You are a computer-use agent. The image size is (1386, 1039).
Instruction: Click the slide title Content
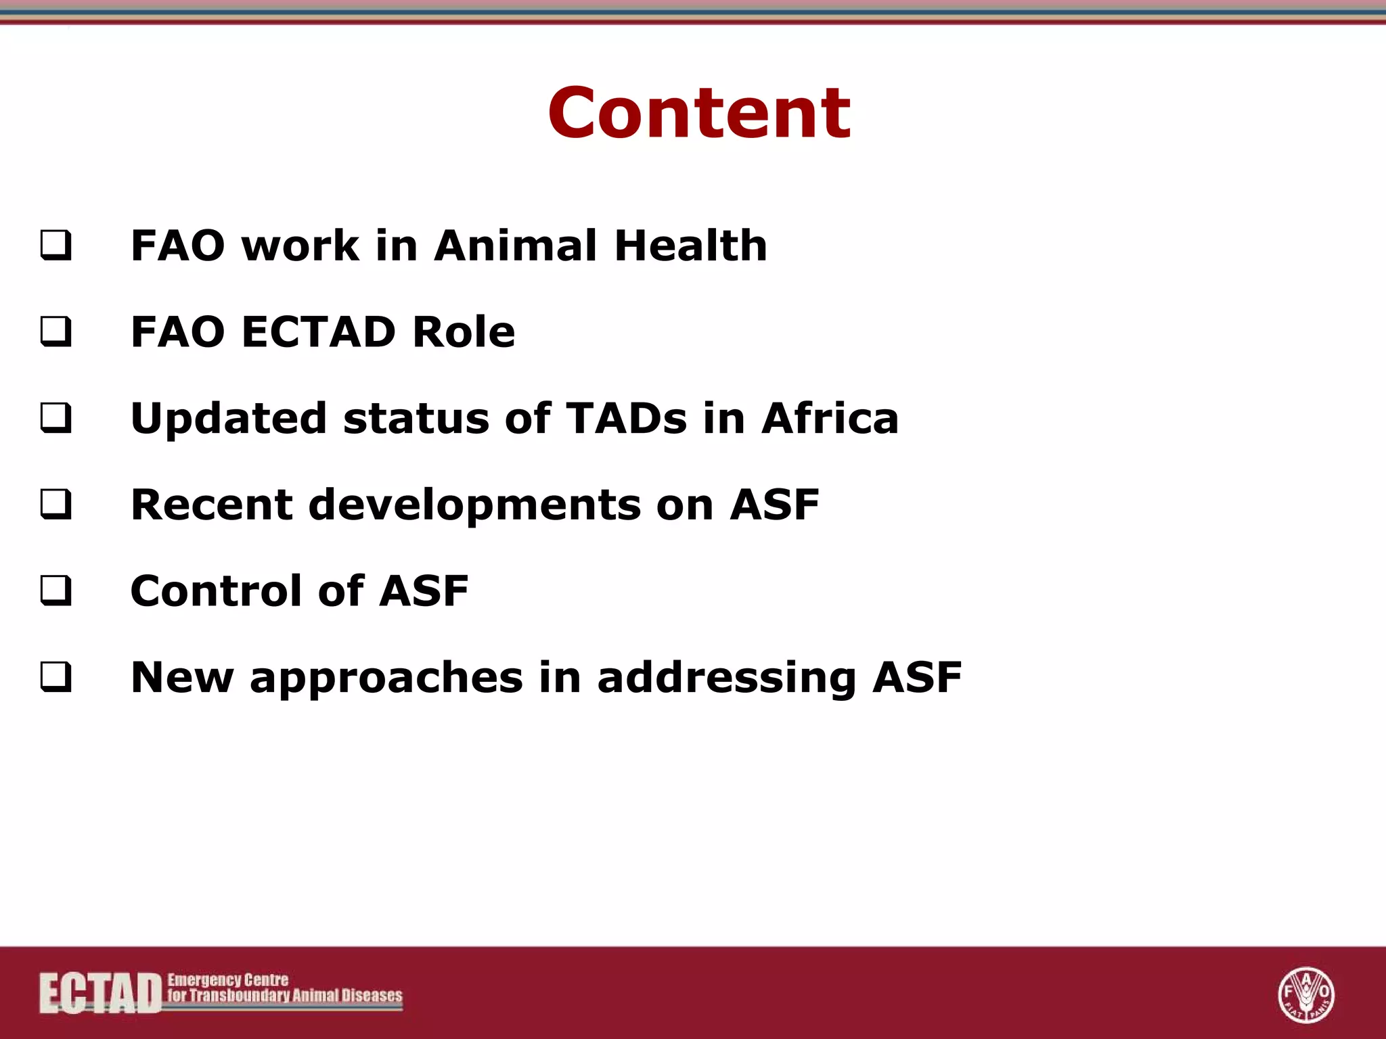(699, 114)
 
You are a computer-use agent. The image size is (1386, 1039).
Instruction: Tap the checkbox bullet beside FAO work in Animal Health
(55, 246)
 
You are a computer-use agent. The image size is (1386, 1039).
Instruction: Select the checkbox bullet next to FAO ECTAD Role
(55, 332)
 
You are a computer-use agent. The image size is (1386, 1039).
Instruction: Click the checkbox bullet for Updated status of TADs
(55, 418)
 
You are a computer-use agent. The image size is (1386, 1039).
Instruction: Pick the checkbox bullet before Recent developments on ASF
(55, 505)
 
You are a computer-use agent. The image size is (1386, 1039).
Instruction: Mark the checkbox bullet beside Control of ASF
(55, 591)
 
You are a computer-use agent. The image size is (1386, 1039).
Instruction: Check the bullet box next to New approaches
(55, 677)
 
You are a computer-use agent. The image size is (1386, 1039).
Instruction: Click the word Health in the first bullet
(691, 245)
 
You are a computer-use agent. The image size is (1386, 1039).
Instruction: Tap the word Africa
(830, 418)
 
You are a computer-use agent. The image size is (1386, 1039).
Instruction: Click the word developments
(474, 506)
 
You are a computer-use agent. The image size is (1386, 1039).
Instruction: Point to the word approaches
(386, 678)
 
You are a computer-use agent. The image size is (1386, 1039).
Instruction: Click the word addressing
(727, 678)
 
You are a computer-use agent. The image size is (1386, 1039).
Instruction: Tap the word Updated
(229, 419)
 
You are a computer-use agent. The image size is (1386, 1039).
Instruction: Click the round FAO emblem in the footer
(1305, 994)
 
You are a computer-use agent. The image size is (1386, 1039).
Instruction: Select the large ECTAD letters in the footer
(100, 993)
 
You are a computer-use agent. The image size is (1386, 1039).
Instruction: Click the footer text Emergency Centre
(228, 979)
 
